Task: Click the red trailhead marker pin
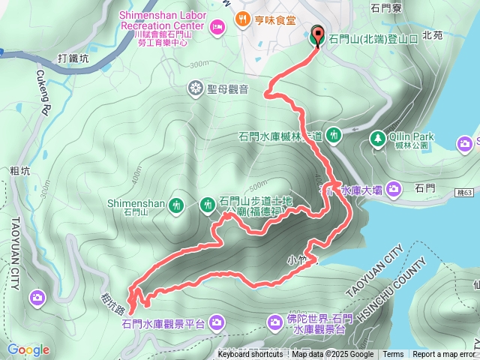click(316, 35)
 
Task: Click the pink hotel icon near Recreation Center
click(217, 27)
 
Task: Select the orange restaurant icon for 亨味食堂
click(242, 19)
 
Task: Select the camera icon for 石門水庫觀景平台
click(217, 322)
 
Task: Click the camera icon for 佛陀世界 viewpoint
click(276, 322)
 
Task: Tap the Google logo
click(28, 349)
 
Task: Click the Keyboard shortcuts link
click(250, 355)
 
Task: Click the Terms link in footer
click(393, 355)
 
